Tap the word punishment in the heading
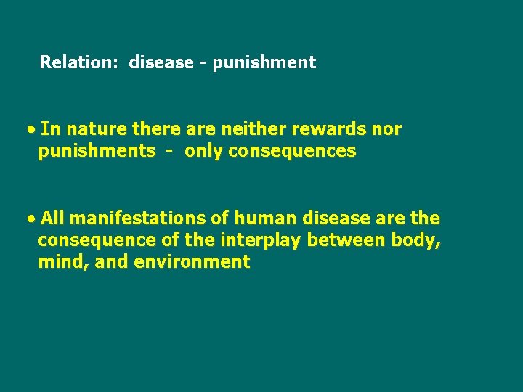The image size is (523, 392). [x=264, y=63]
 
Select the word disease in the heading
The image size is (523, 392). [x=161, y=62]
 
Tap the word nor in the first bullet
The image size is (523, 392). [x=386, y=129]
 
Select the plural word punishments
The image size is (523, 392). [x=97, y=151]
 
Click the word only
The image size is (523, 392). [x=203, y=151]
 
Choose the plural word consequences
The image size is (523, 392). [x=292, y=151]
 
